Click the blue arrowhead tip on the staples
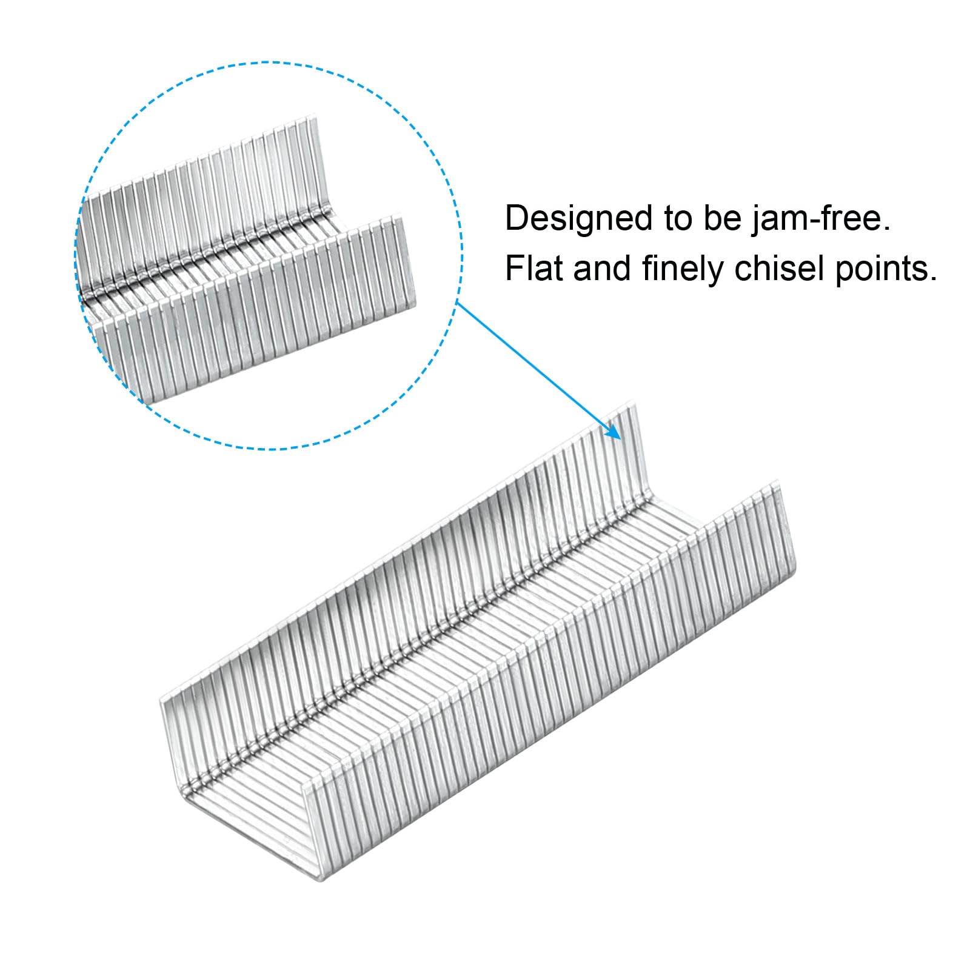coord(621,439)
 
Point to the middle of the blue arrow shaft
coord(538,370)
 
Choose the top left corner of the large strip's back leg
coord(161,701)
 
